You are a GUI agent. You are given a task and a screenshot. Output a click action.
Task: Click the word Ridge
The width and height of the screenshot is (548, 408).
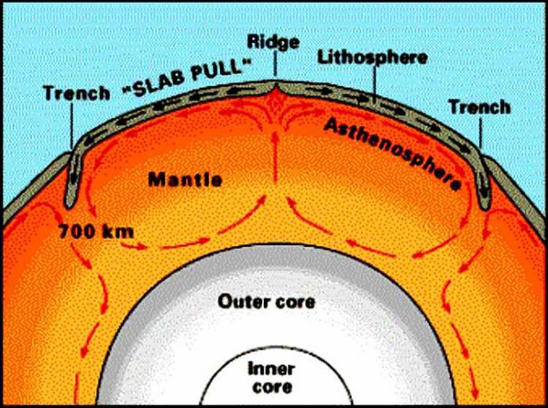(x=273, y=42)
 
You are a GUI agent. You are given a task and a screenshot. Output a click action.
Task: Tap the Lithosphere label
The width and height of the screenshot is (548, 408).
(x=372, y=58)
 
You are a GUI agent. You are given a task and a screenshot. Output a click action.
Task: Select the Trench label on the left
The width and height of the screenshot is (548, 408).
(x=77, y=93)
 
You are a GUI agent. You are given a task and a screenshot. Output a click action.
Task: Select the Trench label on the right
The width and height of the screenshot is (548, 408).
(x=479, y=107)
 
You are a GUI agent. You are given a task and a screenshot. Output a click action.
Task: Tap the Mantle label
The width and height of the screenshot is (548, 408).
(x=186, y=179)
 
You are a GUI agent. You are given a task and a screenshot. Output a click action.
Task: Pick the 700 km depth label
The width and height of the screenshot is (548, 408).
(x=96, y=231)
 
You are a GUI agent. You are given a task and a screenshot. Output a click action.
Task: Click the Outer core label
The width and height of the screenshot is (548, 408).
(x=266, y=301)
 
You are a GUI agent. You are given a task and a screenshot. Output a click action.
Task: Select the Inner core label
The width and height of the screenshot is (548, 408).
(x=272, y=378)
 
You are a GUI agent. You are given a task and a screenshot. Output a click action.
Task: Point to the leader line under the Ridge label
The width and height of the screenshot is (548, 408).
(x=275, y=64)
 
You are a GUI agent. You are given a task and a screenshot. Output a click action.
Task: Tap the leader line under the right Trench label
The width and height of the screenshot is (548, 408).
(x=481, y=133)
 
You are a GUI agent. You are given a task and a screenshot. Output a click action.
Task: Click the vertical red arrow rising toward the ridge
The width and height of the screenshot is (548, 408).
(x=276, y=157)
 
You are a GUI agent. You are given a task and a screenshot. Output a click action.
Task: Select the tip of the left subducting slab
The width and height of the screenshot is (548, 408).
(x=70, y=206)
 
